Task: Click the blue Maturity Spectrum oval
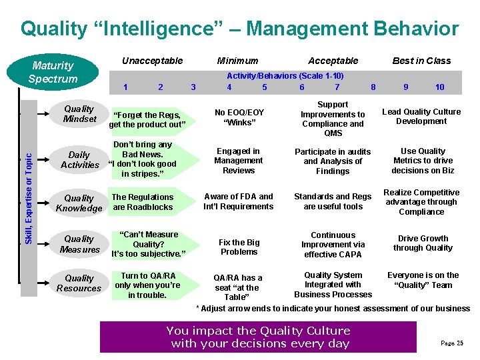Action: point(53,73)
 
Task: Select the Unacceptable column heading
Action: point(152,61)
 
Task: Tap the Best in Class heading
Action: point(421,61)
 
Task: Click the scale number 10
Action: point(440,87)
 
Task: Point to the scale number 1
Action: point(126,87)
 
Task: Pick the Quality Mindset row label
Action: point(79,114)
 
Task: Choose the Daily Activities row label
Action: point(79,160)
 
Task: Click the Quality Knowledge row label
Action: point(79,203)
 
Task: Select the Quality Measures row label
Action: point(79,244)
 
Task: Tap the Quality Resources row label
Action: point(79,283)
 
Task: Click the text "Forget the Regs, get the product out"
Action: point(147,120)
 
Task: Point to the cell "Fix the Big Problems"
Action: point(239,247)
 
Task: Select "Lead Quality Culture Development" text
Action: point(421,117)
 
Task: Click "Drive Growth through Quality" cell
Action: point(423,243)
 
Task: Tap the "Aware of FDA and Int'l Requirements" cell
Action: point(239,201)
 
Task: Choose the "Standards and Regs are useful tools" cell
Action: point(333,201)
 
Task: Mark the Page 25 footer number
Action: point(451,343)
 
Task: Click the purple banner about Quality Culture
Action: point(258,337)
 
